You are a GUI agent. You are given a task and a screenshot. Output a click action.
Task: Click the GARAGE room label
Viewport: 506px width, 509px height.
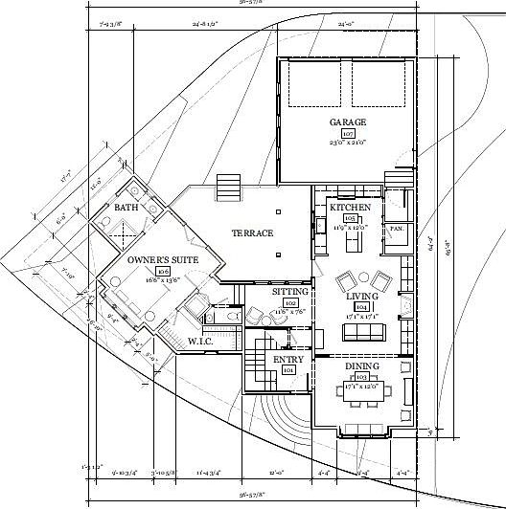(348, 123)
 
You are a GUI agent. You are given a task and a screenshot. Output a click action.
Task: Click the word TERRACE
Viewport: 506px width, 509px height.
(253, 233)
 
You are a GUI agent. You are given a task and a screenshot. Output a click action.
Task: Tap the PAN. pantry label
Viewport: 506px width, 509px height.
(395, 230)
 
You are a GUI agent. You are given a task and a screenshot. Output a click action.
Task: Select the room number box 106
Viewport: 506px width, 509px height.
(149, 272)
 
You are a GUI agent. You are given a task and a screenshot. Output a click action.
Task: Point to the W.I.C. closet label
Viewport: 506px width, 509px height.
(200, 342)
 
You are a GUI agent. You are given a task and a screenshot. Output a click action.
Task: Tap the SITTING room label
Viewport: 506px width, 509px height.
(288, 291)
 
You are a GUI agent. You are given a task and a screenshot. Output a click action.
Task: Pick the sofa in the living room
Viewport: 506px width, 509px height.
(362, 332)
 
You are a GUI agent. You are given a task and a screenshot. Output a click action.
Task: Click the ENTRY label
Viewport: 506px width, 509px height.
(288, 360)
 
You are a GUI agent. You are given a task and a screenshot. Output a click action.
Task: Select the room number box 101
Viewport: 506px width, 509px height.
(288, 370)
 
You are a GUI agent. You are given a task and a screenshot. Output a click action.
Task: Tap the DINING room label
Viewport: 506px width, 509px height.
(362, 366)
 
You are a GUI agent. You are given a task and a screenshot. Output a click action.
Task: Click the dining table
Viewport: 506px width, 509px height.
(362, 390)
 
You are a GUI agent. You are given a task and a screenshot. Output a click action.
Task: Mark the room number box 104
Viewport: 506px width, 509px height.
(362, 308)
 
